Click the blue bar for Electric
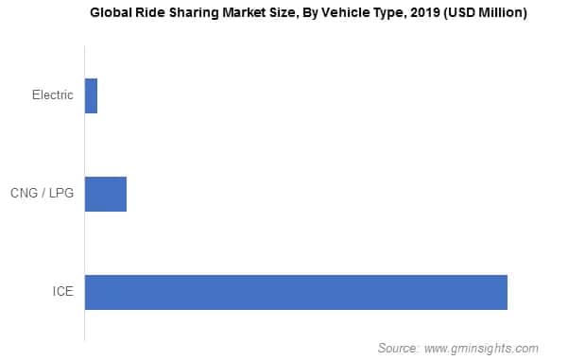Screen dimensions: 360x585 [x=91, y=95]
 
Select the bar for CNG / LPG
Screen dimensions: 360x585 [x=105, y=194]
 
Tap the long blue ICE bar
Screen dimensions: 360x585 [x=296, y=292]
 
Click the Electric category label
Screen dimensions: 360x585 [x=52, y=95]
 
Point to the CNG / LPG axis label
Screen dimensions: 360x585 [x=43, y=194]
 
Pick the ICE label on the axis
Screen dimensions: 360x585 [x=62, y=292]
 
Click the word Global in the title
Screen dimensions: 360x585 [x=112, y=13]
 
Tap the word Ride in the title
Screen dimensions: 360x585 [x=153, y=13]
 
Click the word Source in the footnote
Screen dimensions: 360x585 [x=398, y=348]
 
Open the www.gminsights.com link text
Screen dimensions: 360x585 [x=483, y=348]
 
